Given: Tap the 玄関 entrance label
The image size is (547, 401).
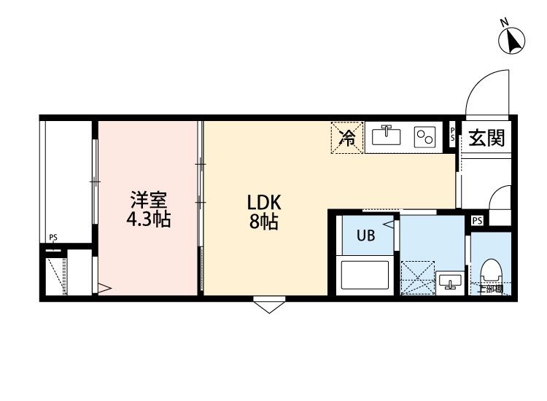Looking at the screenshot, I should [486, 137].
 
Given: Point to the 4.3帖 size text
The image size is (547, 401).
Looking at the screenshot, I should [150, 219].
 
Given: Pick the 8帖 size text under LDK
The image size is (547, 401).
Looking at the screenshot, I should [263, 222].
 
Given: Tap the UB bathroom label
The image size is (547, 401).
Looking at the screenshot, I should [366, 235].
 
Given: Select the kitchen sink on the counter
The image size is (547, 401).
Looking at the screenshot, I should [385, 136].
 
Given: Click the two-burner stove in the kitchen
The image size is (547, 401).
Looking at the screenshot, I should [424, 137].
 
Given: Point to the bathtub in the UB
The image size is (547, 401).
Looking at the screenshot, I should [368, 276].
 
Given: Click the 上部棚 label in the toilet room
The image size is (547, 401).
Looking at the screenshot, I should [490, 289].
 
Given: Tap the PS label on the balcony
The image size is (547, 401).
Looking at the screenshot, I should [53, 237].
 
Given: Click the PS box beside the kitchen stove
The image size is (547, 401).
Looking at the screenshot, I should [453, 134].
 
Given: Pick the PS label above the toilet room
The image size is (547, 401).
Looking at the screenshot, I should [477, 220].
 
